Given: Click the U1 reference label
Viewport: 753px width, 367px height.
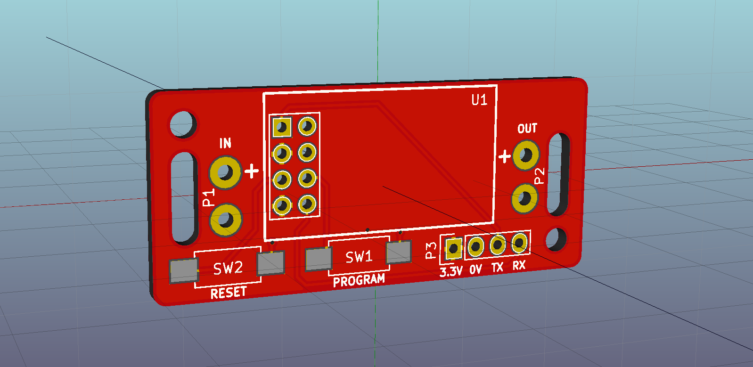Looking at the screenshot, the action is [479, 100].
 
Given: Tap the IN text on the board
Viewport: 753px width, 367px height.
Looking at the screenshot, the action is [225, 143].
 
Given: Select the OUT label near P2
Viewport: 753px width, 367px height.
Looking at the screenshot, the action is [527, 129].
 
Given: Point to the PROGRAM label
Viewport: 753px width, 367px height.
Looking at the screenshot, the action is [359, 280].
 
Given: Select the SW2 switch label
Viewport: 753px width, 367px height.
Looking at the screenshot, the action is [228, 268].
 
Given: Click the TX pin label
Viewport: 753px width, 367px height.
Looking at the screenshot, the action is [497, 268].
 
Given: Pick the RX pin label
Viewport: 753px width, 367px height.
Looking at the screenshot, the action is [519, 266].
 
